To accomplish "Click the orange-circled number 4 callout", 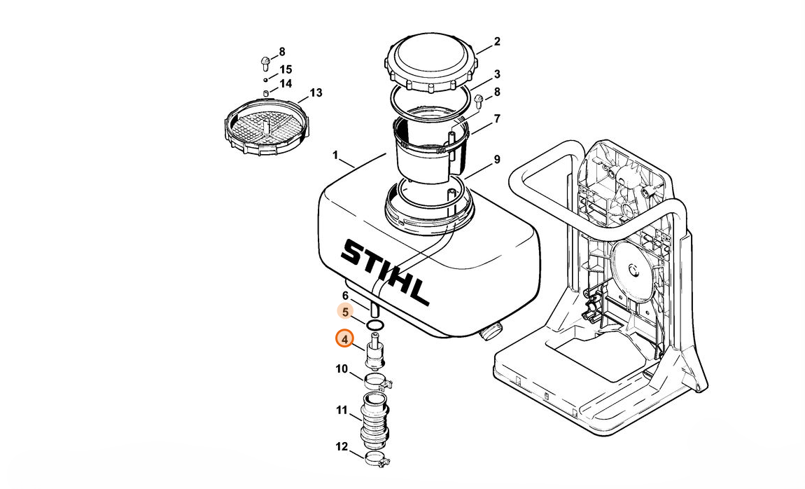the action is (x=344, y=339).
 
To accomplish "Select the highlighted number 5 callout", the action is (x=345, y=312).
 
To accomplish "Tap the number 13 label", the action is (x=316, y=93).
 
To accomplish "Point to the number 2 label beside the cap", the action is (x=496, y=41).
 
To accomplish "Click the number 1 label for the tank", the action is (x=335, y=155).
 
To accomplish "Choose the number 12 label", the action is (x=342, y=447).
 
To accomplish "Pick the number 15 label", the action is (x=286, y=69).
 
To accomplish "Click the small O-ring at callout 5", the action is (x=375, y=324).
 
